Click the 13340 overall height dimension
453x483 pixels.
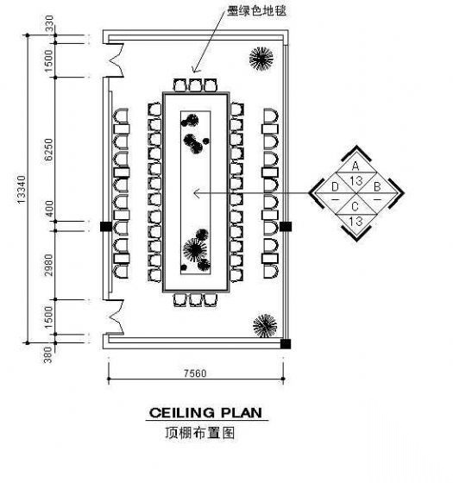(x=21, y=189)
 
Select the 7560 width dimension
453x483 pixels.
(x=195, y=373)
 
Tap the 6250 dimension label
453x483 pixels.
(x=48, y=150)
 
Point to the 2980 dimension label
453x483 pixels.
(x=48, y=265)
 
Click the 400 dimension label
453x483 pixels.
(x=48, y=209)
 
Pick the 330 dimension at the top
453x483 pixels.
(x=49, y=24)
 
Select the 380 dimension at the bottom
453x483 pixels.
(x=47, y=354)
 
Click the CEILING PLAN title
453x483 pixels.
(x=205, y=413)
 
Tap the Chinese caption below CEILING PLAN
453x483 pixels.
(x=200, y=433)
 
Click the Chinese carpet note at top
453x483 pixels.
(x=256, y=10)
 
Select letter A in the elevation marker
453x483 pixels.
(x=355, y=166)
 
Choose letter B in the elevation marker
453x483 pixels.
(x=377, y=186)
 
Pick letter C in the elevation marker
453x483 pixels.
(x=355, y=206)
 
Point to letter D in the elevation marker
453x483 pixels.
(x=335, y=186)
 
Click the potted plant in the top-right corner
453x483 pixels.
(x=261, y=59)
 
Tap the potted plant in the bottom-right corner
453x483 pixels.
(x=265, y=326)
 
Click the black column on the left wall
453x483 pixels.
(x=106, y=226)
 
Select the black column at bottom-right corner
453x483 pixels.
(x=286, y=343)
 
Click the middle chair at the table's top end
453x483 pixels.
(x=195, y=85)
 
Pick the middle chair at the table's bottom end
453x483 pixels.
(x=195, y=300)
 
